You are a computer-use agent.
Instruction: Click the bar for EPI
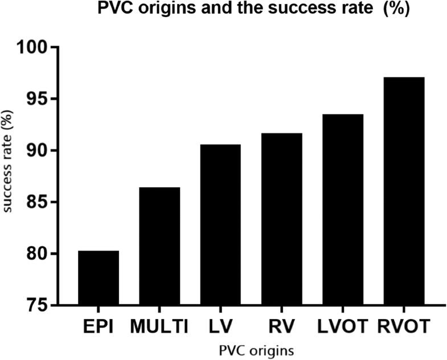pyautogui.click(x=99, y=277)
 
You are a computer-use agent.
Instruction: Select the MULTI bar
pyautogui.click(x=159, y=246)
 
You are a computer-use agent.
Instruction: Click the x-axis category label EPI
pyautogui.click(x=99, y=327)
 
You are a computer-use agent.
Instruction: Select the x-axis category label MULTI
pyautogui.click(x=159, y=327)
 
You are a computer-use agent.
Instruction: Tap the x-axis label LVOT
pyautogui.click(x=343, y=327)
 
